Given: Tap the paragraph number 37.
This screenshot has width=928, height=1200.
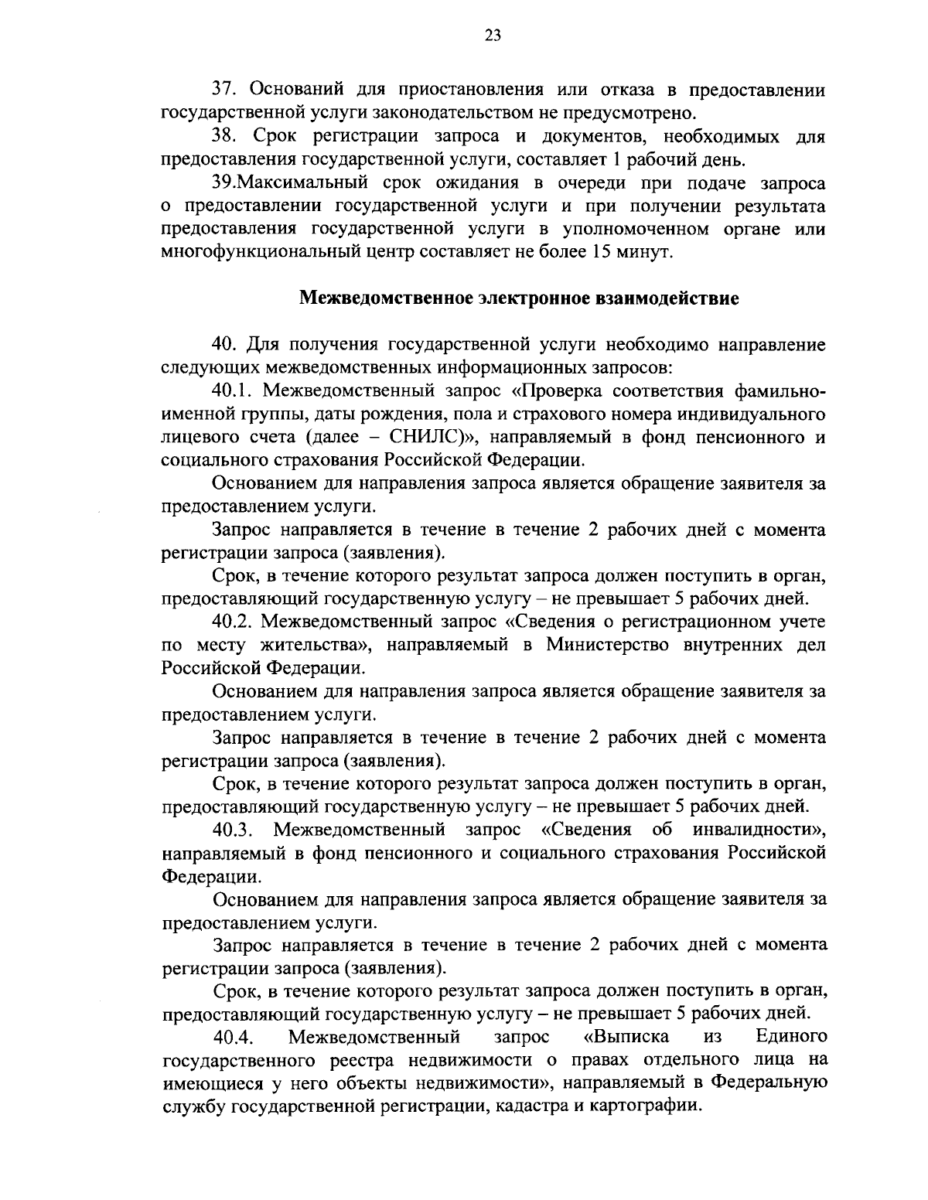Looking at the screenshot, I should tap(226, 90).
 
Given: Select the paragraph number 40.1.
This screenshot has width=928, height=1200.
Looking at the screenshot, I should tap(234, 390).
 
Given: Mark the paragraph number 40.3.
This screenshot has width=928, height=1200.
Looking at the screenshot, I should tap(234, 830).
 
